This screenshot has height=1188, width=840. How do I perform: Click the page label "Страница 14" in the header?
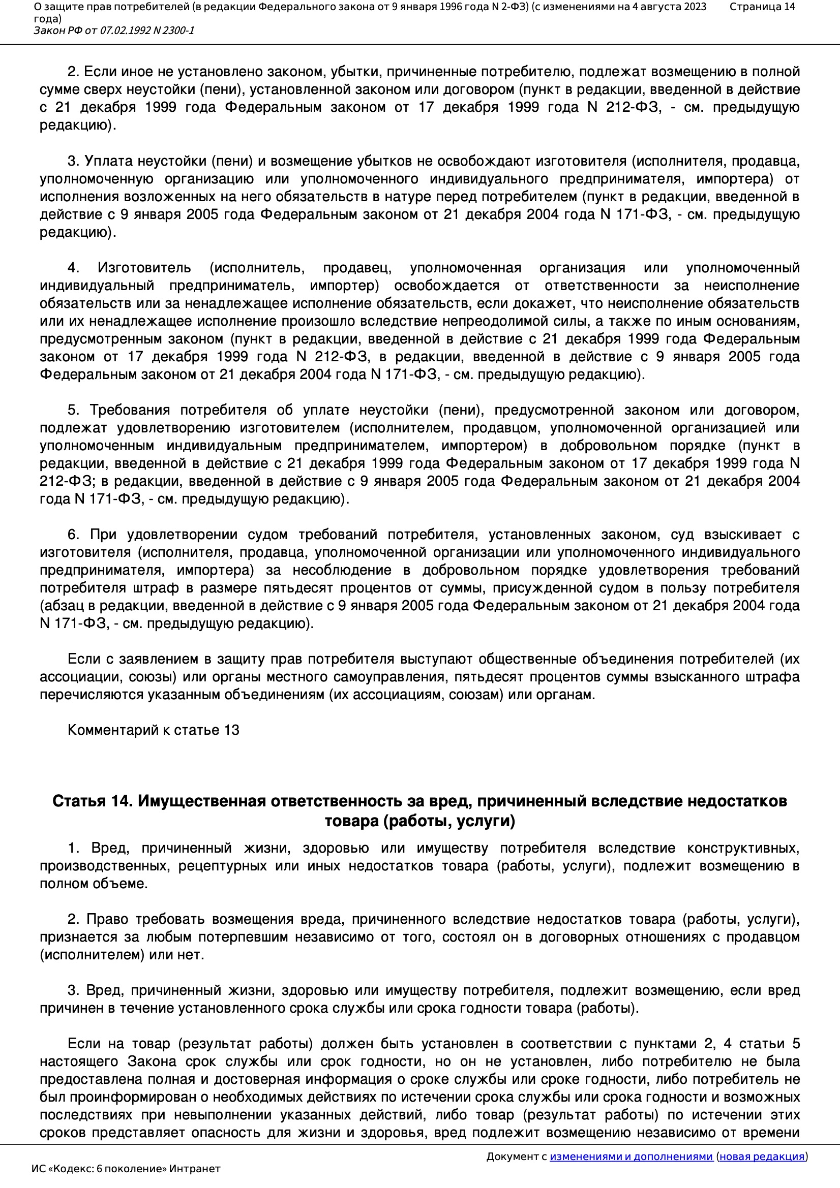pos(762,7)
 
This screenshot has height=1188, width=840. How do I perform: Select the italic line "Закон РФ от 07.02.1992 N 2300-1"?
pos(114,30)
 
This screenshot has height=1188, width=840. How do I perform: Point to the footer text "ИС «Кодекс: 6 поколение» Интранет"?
pos(126,1168)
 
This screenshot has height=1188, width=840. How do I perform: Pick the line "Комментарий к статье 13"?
pos(153,730)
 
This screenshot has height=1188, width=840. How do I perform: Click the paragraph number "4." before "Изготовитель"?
pos(73,268)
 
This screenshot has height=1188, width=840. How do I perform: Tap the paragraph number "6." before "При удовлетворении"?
pos(74,535)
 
